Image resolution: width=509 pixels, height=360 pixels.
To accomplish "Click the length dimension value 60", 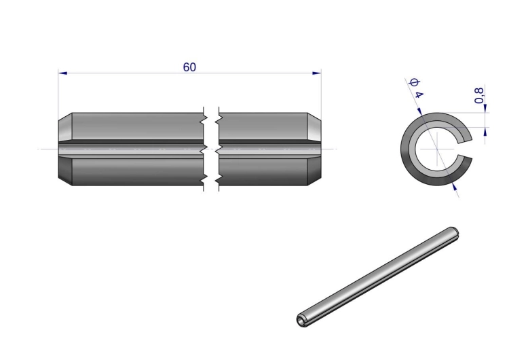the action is [x=189, y=67].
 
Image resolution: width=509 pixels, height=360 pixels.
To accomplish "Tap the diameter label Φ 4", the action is [x=417, y=88].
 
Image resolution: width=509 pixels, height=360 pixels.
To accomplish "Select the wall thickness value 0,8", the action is [x=479, y=96].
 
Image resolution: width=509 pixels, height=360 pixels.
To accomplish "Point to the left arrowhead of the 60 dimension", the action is [x=62, y=73].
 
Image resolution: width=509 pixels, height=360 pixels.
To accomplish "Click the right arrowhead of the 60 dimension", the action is [x=317, y=73].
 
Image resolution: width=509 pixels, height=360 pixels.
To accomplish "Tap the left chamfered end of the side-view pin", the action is [x=65, y=149].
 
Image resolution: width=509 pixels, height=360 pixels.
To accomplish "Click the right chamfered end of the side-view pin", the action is [x=314, y=149].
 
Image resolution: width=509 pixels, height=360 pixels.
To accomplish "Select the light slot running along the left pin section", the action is [x=131, y=149].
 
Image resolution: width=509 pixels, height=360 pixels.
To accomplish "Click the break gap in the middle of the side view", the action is [x=211, y=149].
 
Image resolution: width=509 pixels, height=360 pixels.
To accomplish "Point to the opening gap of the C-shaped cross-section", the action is [x=465, y=149].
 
